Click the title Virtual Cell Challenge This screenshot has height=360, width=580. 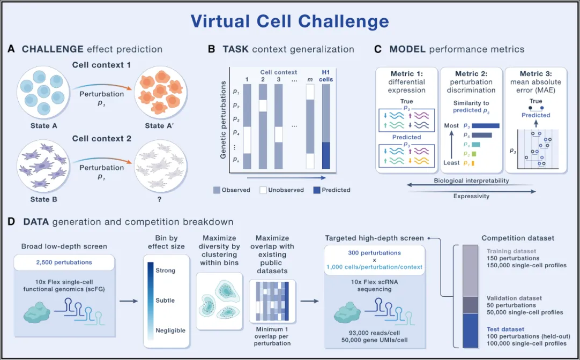289,21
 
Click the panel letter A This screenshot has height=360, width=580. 11,49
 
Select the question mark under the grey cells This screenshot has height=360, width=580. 160,199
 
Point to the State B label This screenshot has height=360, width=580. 44,199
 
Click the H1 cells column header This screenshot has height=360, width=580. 326,76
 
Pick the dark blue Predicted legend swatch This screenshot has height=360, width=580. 316,190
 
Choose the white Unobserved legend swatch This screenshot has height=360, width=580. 263,190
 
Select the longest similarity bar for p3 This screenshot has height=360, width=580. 485,126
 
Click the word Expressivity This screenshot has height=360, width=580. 471,196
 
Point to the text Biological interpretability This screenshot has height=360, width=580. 471,181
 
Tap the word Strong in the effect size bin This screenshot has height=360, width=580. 165,270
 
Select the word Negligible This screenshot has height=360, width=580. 170,330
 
